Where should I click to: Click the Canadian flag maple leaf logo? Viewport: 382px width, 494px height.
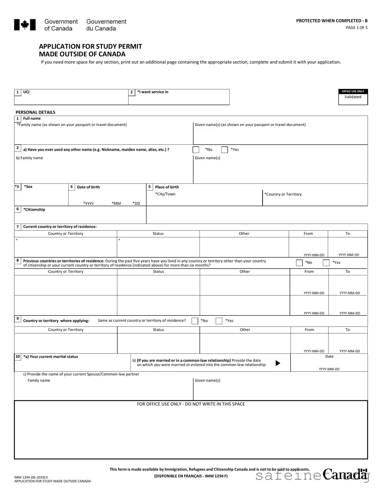[25, 25]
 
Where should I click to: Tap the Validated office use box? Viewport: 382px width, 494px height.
[353, 99]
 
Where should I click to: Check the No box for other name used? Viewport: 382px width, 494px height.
[196, 150]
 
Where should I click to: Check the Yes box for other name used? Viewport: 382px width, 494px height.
[224, 150]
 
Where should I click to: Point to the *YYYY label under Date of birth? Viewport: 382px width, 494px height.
[88, 203]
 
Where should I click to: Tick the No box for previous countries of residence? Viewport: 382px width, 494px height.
[299, 263]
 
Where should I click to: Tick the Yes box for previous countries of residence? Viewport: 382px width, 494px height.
[326, 263]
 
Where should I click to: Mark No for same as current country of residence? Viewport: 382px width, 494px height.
[195, 321]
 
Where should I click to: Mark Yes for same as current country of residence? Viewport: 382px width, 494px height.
[219, 321]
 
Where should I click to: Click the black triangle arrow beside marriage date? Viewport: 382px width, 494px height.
[278, 363]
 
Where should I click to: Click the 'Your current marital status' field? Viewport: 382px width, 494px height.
[72, 365]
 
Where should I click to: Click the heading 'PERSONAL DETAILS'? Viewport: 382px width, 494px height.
[35, 112]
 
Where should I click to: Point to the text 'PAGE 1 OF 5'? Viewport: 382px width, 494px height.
[357, 28]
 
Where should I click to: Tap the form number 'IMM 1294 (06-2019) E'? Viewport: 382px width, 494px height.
[31, 477]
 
